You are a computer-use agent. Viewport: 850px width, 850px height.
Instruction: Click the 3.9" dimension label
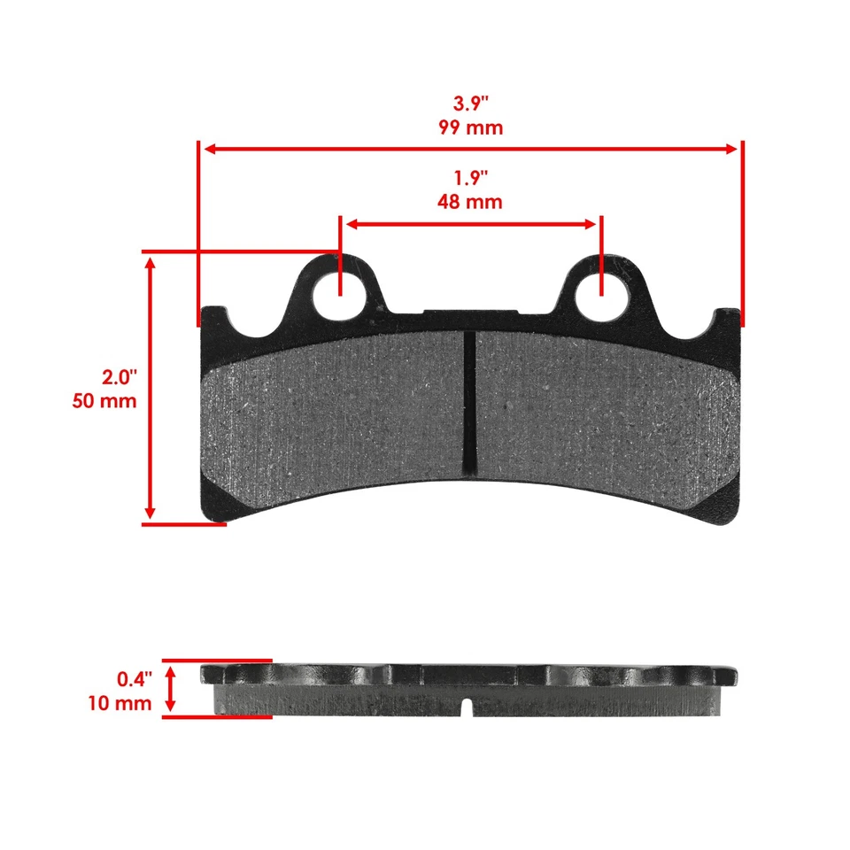[470, 102]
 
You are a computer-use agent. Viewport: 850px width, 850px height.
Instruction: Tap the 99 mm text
[470, 127]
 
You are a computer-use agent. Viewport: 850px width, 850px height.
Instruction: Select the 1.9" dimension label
[470, 177]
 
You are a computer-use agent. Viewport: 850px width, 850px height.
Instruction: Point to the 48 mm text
[470, 202]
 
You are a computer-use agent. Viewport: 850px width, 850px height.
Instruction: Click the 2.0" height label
[119, 377]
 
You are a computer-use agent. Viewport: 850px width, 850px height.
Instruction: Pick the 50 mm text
[105, 401]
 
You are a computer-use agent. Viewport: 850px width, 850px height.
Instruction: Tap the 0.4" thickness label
[135, 679]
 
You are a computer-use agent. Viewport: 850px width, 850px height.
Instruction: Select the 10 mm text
[120, 704]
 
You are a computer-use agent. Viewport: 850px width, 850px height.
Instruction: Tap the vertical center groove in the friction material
[469, 398]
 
